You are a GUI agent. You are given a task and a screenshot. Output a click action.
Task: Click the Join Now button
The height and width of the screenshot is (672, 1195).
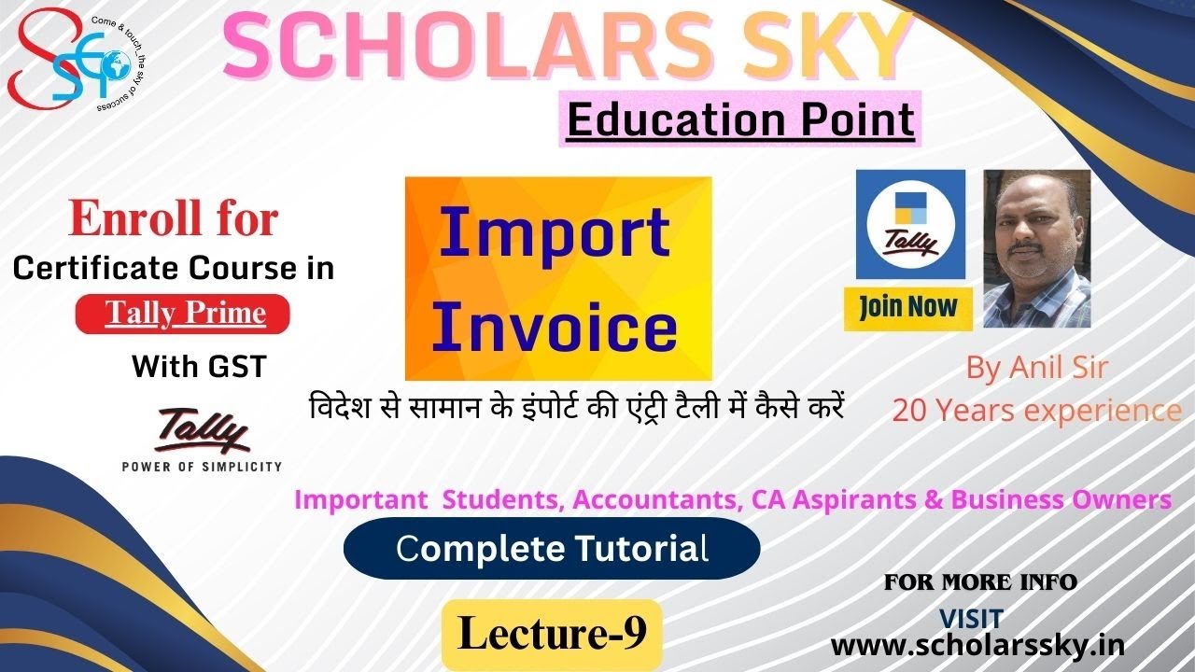(907, 308)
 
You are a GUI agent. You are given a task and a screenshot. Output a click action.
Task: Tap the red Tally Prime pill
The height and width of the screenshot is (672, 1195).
(183, 314)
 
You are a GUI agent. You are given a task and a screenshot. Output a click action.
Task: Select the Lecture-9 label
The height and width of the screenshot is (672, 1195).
(552, 634)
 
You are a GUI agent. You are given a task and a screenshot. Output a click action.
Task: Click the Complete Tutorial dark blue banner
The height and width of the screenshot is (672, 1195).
(552, 549)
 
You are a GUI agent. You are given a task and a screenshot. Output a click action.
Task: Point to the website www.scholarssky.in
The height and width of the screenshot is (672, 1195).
(977, 645)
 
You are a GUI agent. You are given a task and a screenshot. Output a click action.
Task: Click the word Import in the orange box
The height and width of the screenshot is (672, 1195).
(555, 232)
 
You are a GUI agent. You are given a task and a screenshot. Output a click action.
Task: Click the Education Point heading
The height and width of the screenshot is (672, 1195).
(740, 121)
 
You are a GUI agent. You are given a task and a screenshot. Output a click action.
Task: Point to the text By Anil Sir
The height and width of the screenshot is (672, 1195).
(1036, 368)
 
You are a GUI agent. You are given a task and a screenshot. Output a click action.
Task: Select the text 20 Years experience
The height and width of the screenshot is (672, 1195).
(1036, 410)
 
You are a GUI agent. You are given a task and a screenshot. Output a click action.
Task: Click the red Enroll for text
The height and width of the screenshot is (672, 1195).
(174, 219)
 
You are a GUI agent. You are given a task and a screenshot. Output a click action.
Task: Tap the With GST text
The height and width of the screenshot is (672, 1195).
(199, 366)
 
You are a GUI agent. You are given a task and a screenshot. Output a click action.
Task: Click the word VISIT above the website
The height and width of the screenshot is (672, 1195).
(970, 617)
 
